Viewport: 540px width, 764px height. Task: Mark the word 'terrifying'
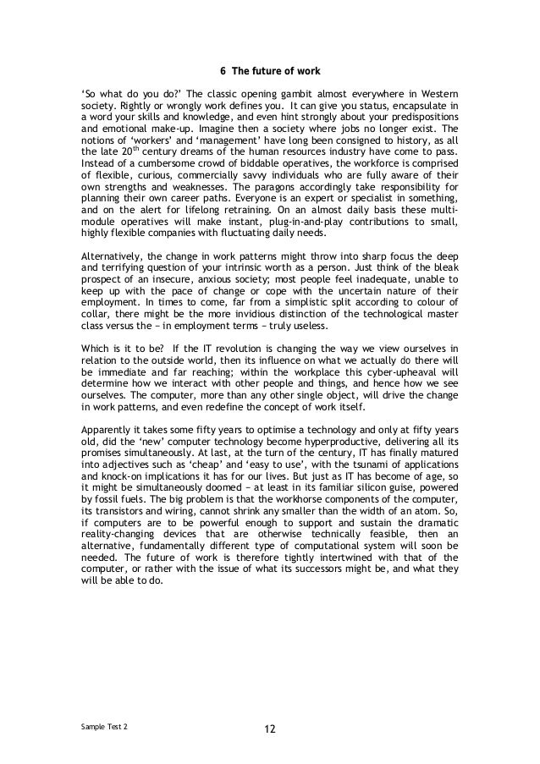click(121, 275)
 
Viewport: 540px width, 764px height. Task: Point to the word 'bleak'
click(445, 275)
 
